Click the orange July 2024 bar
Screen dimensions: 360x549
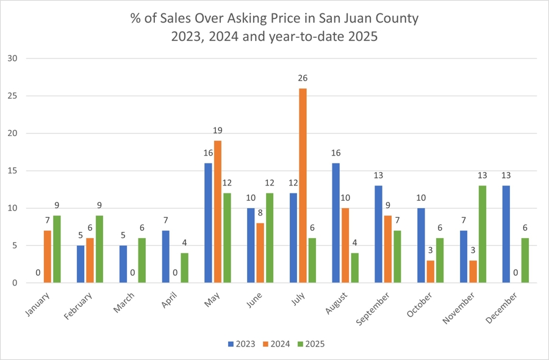303,185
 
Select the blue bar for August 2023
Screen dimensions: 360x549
335,223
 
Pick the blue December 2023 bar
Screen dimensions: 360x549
506,234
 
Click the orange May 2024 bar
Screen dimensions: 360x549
218,212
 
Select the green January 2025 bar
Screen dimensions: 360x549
56,249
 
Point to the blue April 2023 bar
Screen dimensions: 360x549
165,256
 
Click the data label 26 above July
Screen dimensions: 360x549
303,78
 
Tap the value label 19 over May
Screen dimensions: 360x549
218,131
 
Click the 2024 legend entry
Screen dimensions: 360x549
274,344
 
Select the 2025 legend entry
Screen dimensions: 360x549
310,344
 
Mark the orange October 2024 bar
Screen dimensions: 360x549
430,272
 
